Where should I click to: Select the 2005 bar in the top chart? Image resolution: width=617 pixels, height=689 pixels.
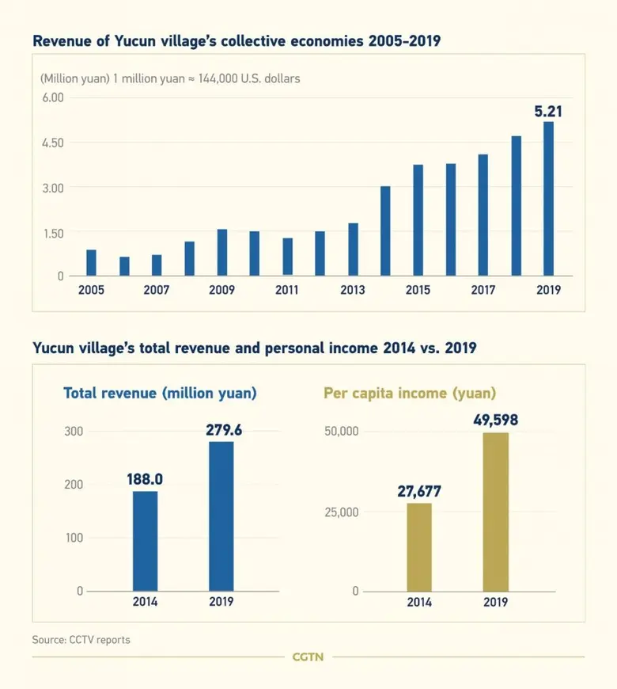click(x=92, y=262)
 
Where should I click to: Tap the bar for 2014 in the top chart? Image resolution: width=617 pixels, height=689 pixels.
click(x=385, y=230)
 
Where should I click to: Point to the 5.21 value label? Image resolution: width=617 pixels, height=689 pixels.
click(x=548, y=112)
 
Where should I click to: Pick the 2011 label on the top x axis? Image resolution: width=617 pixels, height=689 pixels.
click(x=287, y=290)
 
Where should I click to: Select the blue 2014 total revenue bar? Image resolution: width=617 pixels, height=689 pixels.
click(x=146, y=541)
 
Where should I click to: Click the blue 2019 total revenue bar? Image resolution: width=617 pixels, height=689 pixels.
click(x=221, y=516)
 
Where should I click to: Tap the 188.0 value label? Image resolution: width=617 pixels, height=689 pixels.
click(x=146, y=479)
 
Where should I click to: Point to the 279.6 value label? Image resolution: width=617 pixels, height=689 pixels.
click(x=221, y=428)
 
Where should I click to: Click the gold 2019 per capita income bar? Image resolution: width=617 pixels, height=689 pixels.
click(x=496, y=512)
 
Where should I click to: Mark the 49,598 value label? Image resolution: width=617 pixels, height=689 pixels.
click(x=496, y=419)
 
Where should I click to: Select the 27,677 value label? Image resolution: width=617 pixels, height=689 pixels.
click(x=419, y=491)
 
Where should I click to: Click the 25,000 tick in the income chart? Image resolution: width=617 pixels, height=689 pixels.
click(x=343, y=512)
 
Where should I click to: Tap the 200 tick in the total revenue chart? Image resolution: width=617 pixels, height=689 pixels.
click(x=74, y=485)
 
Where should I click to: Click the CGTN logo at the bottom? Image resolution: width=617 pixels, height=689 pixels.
click(x=308, y=657)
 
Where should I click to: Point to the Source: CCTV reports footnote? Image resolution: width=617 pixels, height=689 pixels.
click(x=81, y=639)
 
